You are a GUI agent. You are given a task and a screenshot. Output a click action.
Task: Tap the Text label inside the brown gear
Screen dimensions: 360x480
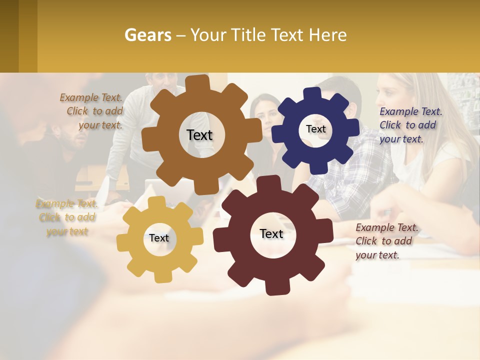tap(199, 135)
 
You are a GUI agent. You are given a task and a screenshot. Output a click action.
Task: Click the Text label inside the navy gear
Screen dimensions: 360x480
tap(315, 129)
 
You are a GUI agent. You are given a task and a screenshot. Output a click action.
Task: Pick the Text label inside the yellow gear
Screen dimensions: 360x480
tap(159, 238)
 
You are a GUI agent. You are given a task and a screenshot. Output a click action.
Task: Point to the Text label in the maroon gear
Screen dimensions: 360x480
tap(271, 233)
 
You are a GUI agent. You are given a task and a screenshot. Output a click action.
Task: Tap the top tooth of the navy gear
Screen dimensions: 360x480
tap(312, 94)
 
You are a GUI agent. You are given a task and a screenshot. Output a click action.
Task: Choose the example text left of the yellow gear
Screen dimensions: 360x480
tap(67, 217)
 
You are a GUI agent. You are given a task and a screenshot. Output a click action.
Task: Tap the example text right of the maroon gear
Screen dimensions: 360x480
tap(385, 241)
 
